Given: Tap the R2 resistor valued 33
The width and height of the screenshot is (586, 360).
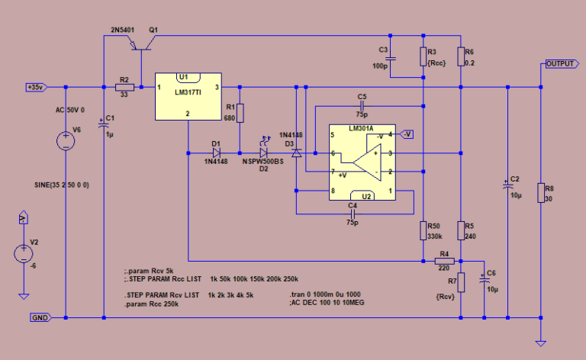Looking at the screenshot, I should pyautogui.click(x=124, y=88).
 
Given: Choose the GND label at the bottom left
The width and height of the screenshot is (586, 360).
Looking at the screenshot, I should pyautogui.click(x=40, y=317).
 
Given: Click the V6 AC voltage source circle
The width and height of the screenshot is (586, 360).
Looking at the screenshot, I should pyautogui.click(x=66, y=141).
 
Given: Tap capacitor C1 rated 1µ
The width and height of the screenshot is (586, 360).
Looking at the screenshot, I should pyautogui.click(x=103, y=125).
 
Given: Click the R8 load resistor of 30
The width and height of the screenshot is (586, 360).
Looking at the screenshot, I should pyautogui.click(x=540, y=193).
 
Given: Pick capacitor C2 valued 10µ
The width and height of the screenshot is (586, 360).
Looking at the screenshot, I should pyautogui.click(x=507, y=185).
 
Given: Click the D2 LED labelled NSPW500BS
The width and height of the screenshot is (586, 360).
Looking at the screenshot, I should pyautogui.click(x=264, y=153).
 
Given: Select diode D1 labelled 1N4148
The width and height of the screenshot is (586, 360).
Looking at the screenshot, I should pyautogui.click(x=216, y=153).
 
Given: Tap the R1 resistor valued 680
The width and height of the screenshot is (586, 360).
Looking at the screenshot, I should pyautogui.click(x=240, y=114).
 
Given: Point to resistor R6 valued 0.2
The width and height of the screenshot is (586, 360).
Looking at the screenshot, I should pyautogui.click(x=460, y=57).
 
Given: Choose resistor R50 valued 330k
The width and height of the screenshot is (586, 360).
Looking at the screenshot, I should pyautogui.click(x=423, y=230).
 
